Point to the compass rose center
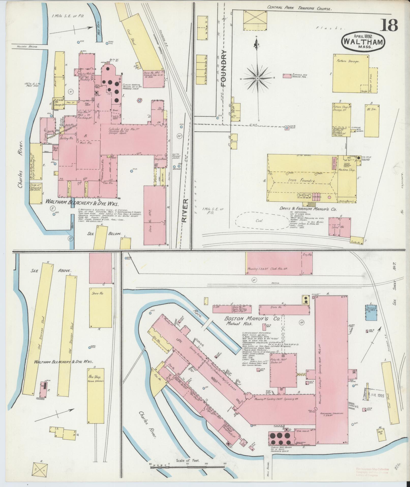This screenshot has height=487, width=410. [257, 79]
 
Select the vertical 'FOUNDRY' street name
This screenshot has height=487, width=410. [223, 69]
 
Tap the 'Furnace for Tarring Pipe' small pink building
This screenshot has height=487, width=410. [287, 76]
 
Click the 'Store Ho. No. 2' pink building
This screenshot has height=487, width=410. [155, 215]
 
